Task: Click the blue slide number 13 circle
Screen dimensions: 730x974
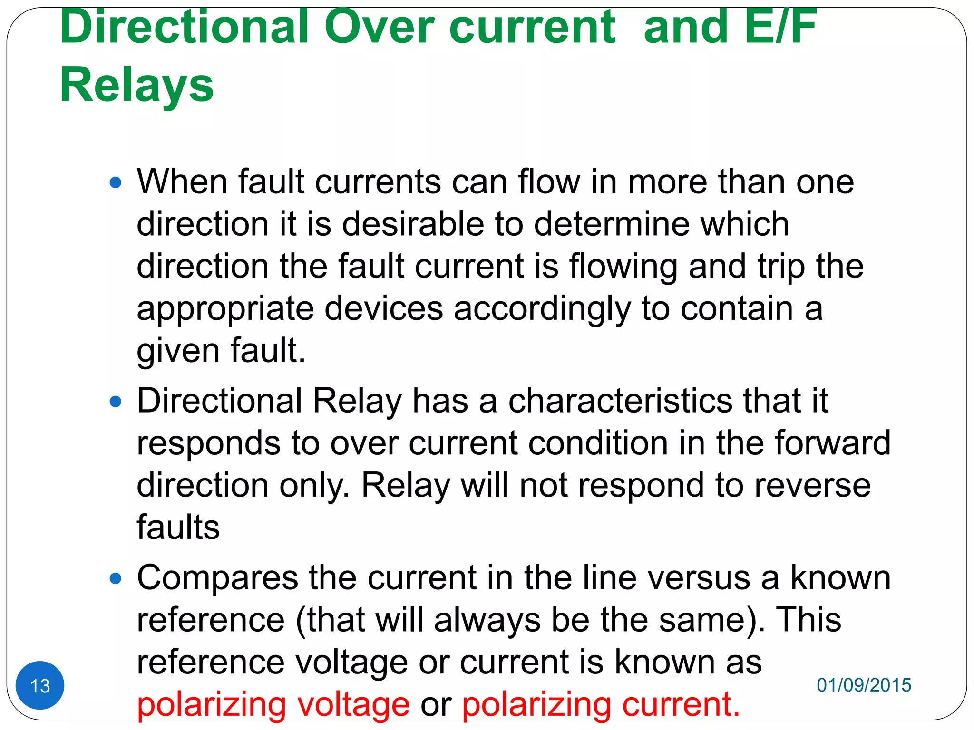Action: click(x=40, y=685)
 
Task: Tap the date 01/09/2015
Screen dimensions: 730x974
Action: click(x=864, y=685)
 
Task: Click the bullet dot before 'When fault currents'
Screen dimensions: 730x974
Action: click(x=116, y=182)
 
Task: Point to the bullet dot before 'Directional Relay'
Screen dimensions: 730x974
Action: click(x=116, y=402)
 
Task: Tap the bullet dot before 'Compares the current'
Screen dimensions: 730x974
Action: click(x=116, y=579)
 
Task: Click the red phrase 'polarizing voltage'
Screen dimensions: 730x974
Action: click(x=273, y=704)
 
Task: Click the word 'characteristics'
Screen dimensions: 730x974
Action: click(x=621, y=401)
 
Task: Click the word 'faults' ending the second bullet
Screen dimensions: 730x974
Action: click(x=178, y=527)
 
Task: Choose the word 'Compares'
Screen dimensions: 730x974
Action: click(x=217, y=578)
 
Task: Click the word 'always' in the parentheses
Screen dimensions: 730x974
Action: click(x=487, y=621)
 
